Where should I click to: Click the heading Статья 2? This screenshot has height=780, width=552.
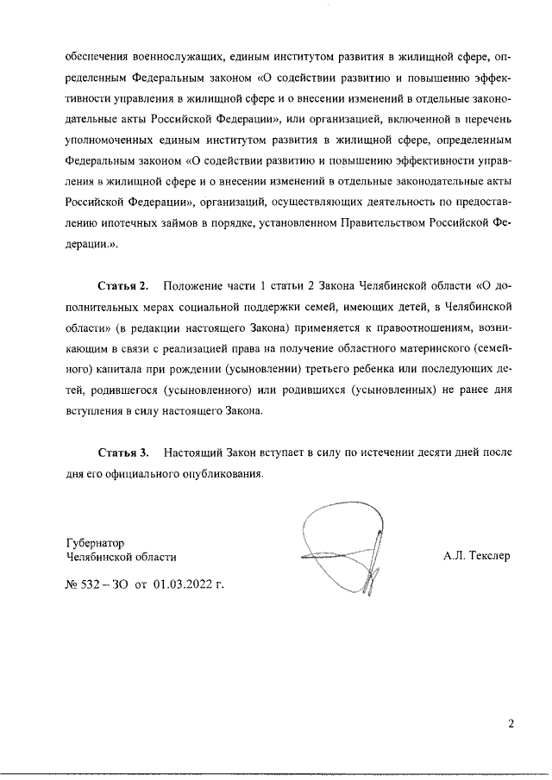[x=123, y=285]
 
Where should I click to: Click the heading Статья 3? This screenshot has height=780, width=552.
[x=123, y=452]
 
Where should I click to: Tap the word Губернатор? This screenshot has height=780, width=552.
[x=95, y=544]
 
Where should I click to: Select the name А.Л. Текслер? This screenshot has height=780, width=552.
[x=477, y=556]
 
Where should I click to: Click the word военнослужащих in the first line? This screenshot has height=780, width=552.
[x=179, y=58]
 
